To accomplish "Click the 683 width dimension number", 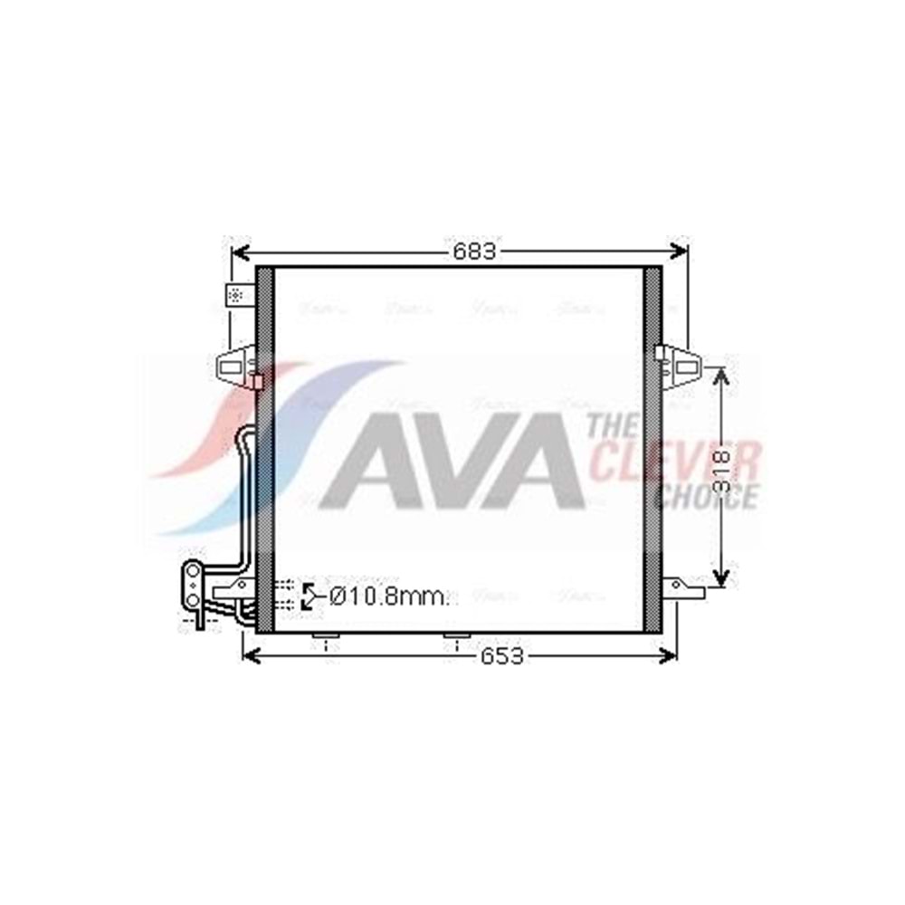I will click(x=474, y=252).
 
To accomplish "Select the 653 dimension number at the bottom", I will click(x=501, y=656).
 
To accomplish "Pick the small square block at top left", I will click(x=235, y=294).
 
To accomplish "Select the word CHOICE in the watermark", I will click(x=706, y=497).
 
